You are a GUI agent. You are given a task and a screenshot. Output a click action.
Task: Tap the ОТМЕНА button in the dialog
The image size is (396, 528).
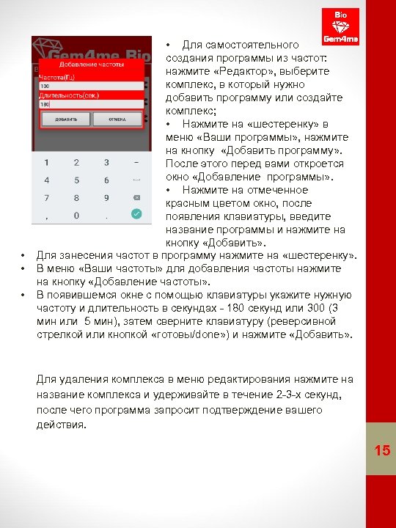coord(116,119)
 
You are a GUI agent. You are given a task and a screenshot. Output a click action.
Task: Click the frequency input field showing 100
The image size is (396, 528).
coord(90,86)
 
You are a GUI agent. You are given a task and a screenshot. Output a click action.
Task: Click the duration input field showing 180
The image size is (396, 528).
coord(90,104)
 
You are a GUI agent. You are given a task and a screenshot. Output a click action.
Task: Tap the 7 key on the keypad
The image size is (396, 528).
coord(47,197)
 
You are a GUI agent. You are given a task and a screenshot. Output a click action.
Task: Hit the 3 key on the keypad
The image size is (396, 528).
coord(106,162)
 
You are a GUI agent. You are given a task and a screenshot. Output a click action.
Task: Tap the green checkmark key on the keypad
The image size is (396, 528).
coord(135,214)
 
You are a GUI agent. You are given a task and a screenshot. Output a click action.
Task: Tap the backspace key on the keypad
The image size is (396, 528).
coord(135,197)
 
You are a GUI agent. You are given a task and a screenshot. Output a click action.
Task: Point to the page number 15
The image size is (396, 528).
coord(381,450)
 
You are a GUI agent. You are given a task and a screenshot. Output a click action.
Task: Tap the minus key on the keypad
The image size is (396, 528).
coord(135,162)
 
